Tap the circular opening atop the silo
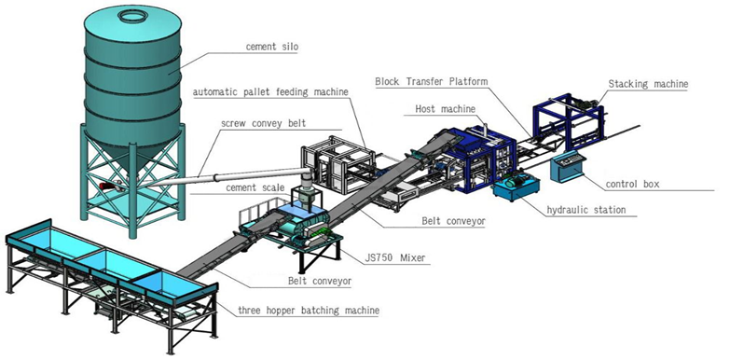point(132,15)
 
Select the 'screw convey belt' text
point(265,123)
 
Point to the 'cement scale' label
point(255,187)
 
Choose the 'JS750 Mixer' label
point(395,257)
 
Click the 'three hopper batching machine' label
point(309,310)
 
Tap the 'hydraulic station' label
point(586,210)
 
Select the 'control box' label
point(632,185)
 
